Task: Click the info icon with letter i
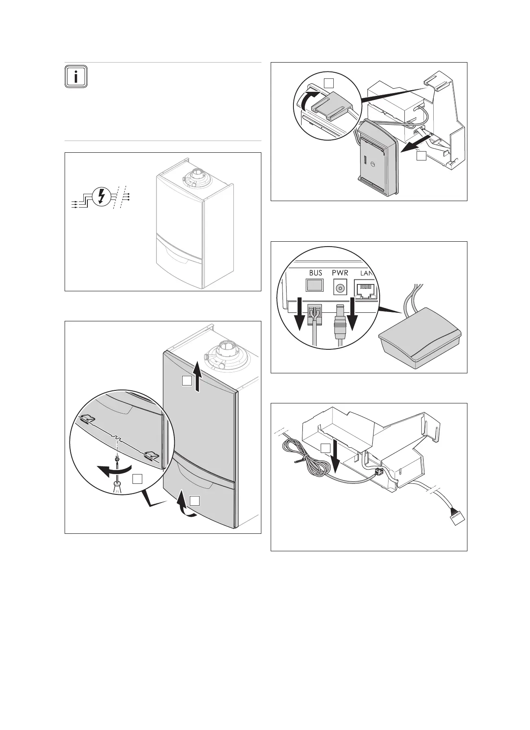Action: coord(76,76)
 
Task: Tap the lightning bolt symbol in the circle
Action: coord(101,196)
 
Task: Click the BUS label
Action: coord(315,273)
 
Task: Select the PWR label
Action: coord(340,273)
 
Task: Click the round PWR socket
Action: coord(340,288)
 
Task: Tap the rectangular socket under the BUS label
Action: coord(315,287)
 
